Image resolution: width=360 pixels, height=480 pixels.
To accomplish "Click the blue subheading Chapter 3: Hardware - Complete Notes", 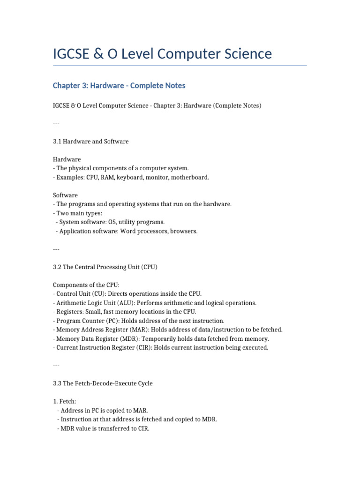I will (119, 85).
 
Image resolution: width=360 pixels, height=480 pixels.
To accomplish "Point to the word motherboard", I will (191, 177).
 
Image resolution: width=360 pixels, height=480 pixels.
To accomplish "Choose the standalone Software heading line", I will (65, 195).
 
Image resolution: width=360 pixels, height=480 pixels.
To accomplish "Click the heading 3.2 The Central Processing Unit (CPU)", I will (105, 267).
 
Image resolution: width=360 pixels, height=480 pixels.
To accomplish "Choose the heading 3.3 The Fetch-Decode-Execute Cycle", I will (103, 383).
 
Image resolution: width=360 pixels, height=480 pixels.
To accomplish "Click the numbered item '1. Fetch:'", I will (65, 401).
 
